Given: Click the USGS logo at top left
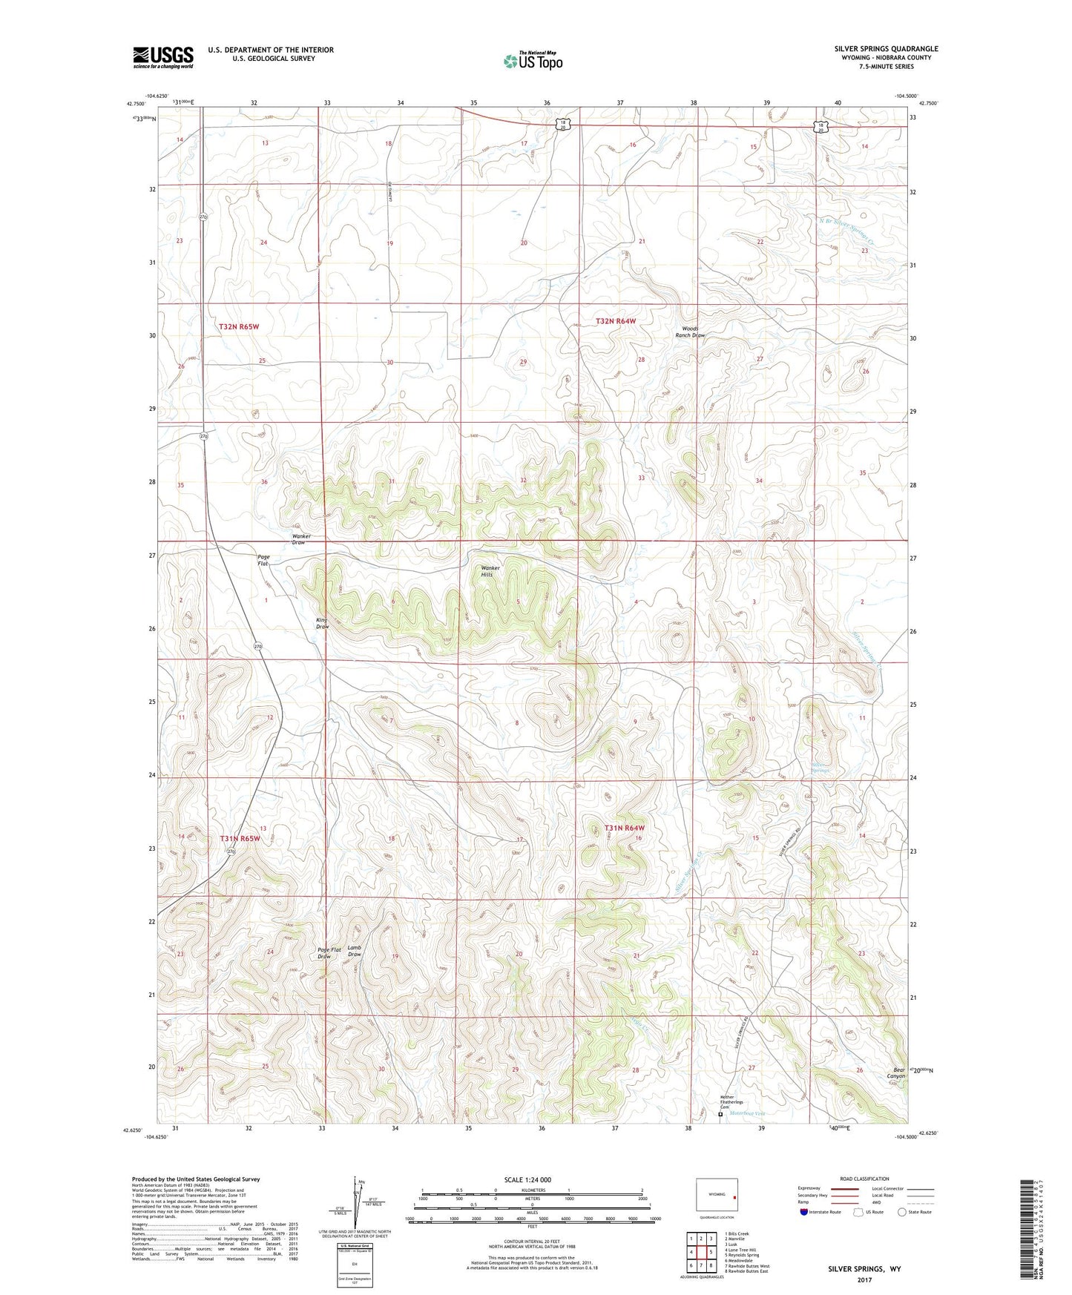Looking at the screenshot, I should click(x=162, y=57).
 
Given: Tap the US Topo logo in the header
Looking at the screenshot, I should click(x=533, y=61).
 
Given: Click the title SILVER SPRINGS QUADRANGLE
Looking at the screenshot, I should click(x=885, y=49).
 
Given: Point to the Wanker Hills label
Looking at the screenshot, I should click(x=490, y=571).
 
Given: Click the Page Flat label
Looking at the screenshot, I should click(x=263, y=560).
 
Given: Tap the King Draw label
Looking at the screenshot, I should click(x=322, y=623).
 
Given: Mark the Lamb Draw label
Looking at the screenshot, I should click(x=355, y=951).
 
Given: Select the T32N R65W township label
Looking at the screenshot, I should click(x=239, y=326).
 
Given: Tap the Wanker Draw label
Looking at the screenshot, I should click(x=300, y=539).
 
